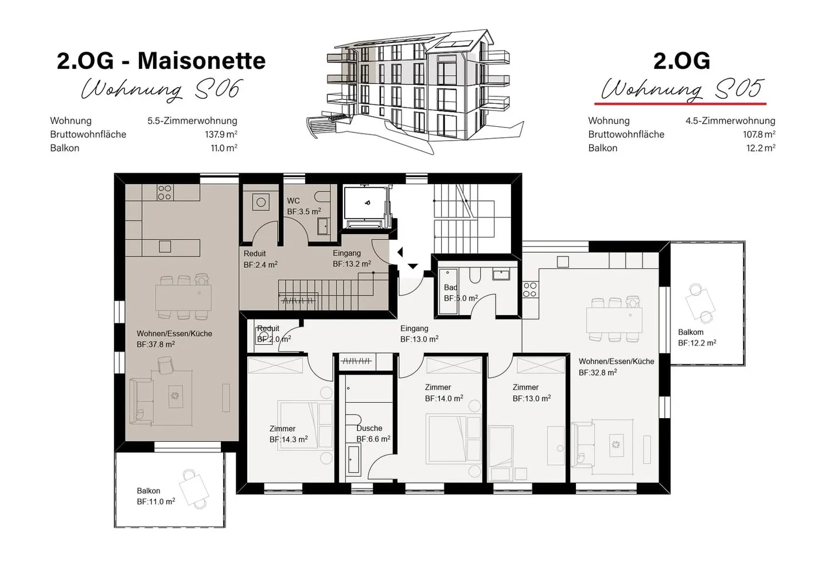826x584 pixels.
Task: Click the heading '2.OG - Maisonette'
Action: pos(161,61)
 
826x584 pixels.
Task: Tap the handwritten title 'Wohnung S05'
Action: pos(681,89)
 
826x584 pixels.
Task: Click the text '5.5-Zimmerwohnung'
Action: pos(192,120)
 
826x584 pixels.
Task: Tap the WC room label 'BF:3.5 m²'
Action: pos(303,212)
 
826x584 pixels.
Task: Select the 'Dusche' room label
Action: pos(369,428)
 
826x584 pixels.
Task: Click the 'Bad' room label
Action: pos(450,287)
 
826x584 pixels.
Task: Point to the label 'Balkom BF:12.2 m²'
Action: pos(696,337)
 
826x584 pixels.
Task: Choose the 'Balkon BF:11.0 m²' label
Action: pos(155,496)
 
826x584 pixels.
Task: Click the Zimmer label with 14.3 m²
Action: pos(288,434)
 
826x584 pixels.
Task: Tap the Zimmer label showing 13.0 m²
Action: pos(531,393)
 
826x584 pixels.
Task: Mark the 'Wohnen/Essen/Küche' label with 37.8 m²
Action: pos(174,338)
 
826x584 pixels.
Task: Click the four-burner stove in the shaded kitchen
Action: pos(165,192)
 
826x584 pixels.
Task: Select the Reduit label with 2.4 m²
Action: pos(260,259)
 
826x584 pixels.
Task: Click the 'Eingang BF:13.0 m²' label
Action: pos(419,334)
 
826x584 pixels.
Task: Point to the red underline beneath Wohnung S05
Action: pos(680,104)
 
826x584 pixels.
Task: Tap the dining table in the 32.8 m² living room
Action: pos(614,320)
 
